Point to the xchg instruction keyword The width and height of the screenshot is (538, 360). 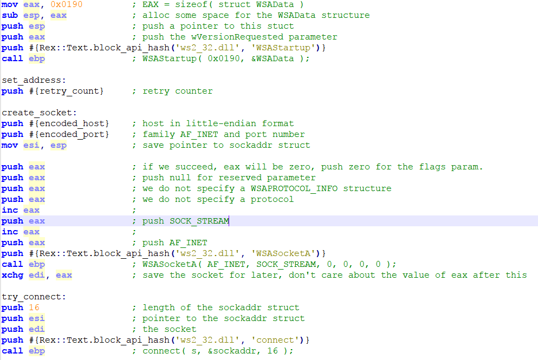click(x=12, y=275)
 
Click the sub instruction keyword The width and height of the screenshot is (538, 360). click(x=10, y=15)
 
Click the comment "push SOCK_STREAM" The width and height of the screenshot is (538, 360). click(x=185, y=221)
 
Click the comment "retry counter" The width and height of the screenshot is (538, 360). click(x=177, y=91)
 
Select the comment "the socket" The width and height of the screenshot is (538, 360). click(x=169, y=329)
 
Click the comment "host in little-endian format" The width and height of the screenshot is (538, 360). click(x=218, y=123)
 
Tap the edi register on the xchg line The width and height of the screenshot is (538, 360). click(x=37, y=275)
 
